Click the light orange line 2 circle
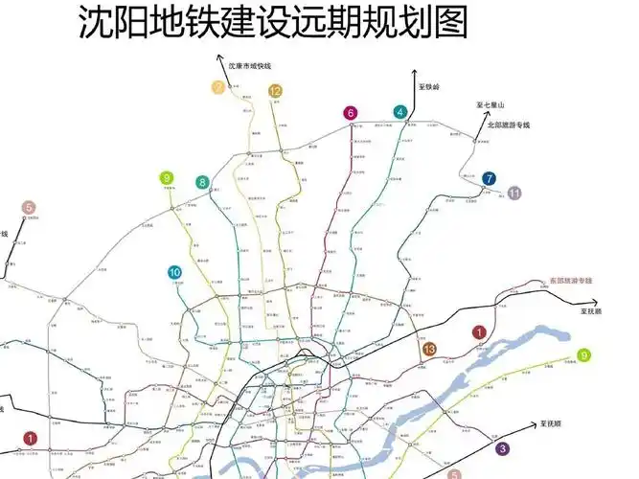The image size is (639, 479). [219, 89]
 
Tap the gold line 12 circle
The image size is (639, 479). [275, 91]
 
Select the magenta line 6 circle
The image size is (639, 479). [351, 113]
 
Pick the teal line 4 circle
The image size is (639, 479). [399, 112]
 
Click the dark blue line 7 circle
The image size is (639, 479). [489, 178]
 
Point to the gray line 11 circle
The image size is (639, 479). [514, 193]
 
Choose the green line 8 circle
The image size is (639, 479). [202, 182]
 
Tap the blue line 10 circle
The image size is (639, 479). [174, 272]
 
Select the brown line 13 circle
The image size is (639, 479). [430, 349]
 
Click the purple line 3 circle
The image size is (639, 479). [502, 447]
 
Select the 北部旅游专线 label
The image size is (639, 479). [508, 124]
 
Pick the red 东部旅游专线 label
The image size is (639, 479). [570, 281]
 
